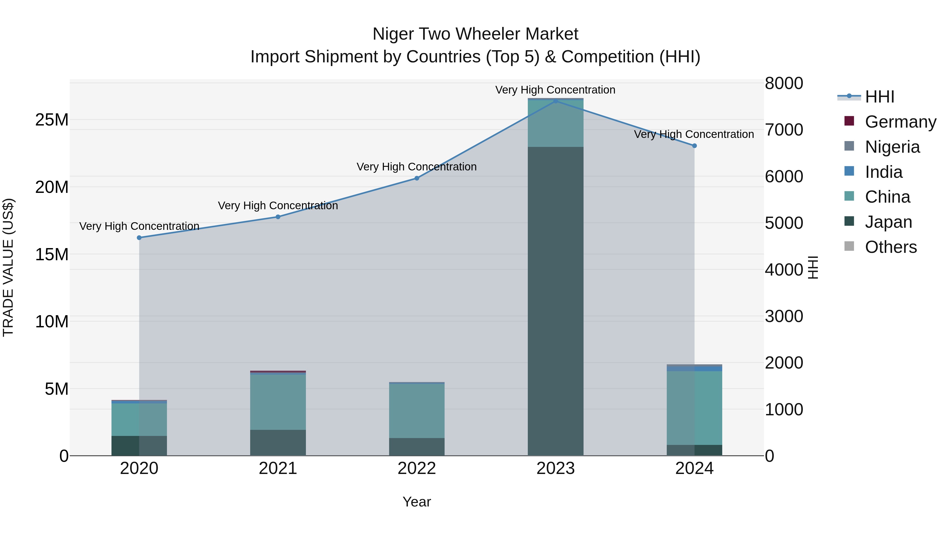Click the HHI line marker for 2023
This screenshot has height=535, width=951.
(555, 101)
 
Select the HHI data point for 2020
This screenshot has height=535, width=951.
(139, 238)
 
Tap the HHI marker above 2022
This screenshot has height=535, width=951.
(417, 178)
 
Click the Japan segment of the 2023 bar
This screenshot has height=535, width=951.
(555, 301)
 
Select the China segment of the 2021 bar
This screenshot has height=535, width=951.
(278, 402)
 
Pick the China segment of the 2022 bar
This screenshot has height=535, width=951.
(417, 411)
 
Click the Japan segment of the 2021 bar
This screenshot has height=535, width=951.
(278, 443)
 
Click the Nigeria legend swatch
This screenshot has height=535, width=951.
(849, 146)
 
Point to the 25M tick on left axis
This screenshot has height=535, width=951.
(52, 120)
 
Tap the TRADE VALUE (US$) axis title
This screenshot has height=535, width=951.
(8, 267)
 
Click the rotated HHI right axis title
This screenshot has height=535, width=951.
(813, 267)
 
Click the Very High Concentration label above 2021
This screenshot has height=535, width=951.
(278, 206)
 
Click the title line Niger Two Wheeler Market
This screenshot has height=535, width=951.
(475, 34)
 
